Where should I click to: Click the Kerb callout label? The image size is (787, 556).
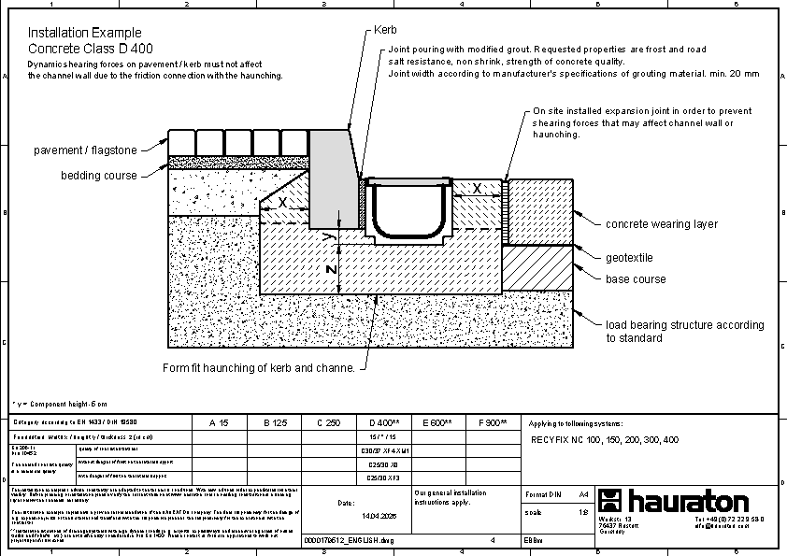(x=386, y=31)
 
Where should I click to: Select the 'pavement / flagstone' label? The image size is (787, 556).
(x=85, y=150)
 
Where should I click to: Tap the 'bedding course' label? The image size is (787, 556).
(x=99, y=176)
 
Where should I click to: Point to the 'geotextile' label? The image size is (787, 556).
(x=629, y=258)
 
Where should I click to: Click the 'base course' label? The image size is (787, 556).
(x=636, y=279)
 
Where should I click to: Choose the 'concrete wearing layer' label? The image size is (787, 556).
(x=662, y=224)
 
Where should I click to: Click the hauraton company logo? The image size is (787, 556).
(x=673, y=501)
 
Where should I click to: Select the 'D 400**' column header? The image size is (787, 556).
(x=385, y=423)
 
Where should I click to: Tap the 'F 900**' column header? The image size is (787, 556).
(x=492, y=423)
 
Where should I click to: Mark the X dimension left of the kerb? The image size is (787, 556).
(x=283, y=202)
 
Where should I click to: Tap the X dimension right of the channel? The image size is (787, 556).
(x=477, y=189)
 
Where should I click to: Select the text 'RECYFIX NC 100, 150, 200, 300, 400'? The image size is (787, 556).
(x=605, y=439)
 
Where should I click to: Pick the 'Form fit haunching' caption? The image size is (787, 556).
(x=259, y=368)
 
